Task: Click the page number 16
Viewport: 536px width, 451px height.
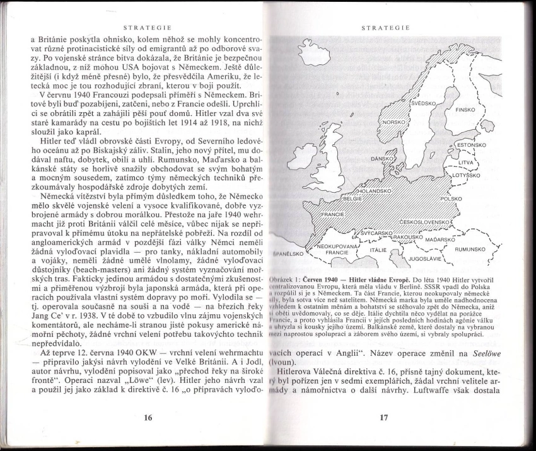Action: [148, 417]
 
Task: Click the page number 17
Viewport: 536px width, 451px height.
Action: [383, 417]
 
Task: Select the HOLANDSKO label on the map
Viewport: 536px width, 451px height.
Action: [375, 190]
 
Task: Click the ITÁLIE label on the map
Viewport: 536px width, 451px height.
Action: [378, 249]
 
